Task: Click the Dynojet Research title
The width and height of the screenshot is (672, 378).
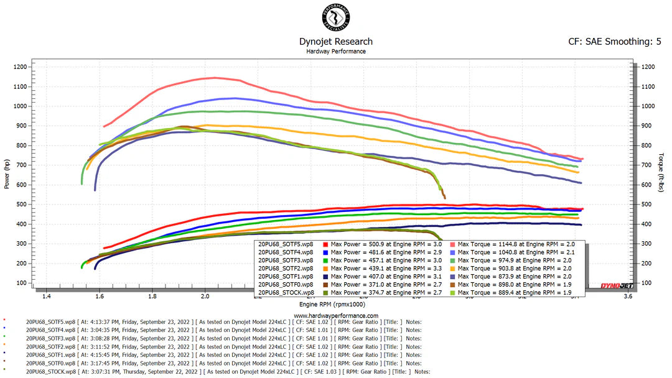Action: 336,42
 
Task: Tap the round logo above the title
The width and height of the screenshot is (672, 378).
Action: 336,19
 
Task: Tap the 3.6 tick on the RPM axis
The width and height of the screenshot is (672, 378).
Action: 627,297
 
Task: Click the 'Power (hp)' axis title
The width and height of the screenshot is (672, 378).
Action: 6,174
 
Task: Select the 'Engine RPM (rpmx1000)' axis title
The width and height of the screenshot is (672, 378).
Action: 336,306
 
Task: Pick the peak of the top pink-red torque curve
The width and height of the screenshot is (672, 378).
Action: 215,78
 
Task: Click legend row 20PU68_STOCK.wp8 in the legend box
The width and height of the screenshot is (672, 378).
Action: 287,292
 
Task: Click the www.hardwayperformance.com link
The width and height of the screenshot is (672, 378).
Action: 336,315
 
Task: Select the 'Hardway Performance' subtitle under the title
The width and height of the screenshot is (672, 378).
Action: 336,52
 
